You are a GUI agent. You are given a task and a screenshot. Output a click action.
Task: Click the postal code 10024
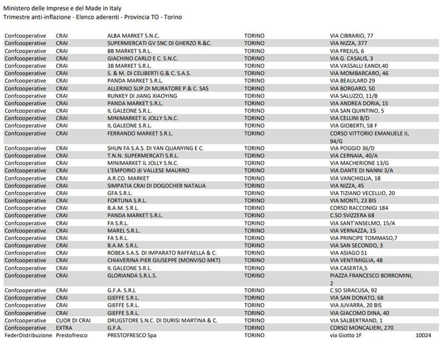pyautogui.click(x=423, y=336)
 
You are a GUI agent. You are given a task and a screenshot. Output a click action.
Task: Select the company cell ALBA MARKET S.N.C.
pyautogui.click(x=133, y=36)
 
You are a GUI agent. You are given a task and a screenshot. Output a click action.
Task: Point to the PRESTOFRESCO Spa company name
pyautogui.click(x=132, y=336)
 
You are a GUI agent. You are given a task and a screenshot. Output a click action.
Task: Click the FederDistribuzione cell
pyautogui.click(x=28, y=336)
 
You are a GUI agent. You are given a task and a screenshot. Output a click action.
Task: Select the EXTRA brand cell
pyautogui.click(x=64, y=328)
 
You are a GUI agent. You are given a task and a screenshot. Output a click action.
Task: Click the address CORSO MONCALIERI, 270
pyautogui.click(x=361, y=328)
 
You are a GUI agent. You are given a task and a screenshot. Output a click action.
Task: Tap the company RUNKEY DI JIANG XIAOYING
pyautogui.click(x=142, y=96)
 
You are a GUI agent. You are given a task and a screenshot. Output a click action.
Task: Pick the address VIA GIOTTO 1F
pyautogui.click(x=346, y=336)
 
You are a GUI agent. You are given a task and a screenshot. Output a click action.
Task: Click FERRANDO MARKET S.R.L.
pyautogui.click(x=141, y=133)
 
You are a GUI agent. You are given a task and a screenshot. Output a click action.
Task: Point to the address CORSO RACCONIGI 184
pyautogui.click(x=359, y=208)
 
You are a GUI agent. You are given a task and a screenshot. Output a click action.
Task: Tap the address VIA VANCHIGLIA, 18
pyautogui.click(x=355, y=178)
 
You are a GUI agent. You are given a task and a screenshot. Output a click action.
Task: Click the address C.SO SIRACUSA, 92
pyautogui.click(x=354, y=291)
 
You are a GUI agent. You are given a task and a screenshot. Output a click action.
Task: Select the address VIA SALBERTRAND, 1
pyautogui.click(x=356, y=321)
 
